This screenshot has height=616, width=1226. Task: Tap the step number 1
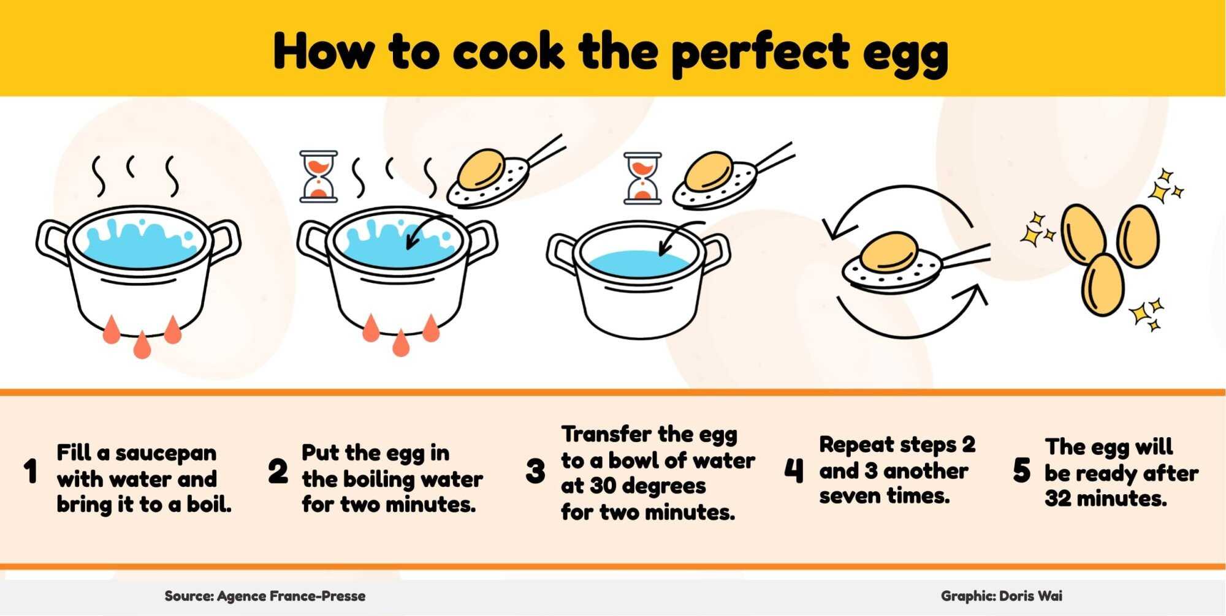pyautogui.click(x=30, y=472)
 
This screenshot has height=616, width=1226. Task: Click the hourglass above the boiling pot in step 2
pyautogui.click(x=318, y=176)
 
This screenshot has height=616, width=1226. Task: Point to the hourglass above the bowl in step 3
pyautogui.click(x=642, y=178)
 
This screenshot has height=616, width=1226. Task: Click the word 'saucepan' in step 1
pyautogui.click(x=166, y=453)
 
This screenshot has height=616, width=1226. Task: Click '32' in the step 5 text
pyautogui.click(x=1058, y=499)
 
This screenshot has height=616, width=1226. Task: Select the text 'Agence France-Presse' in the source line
pyautogui.click(x=291, y=596)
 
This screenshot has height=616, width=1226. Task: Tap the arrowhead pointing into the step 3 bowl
pyautogui.click(x=663, y=251)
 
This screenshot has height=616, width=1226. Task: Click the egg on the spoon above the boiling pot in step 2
pyautogui.click(x=482, y=168)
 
